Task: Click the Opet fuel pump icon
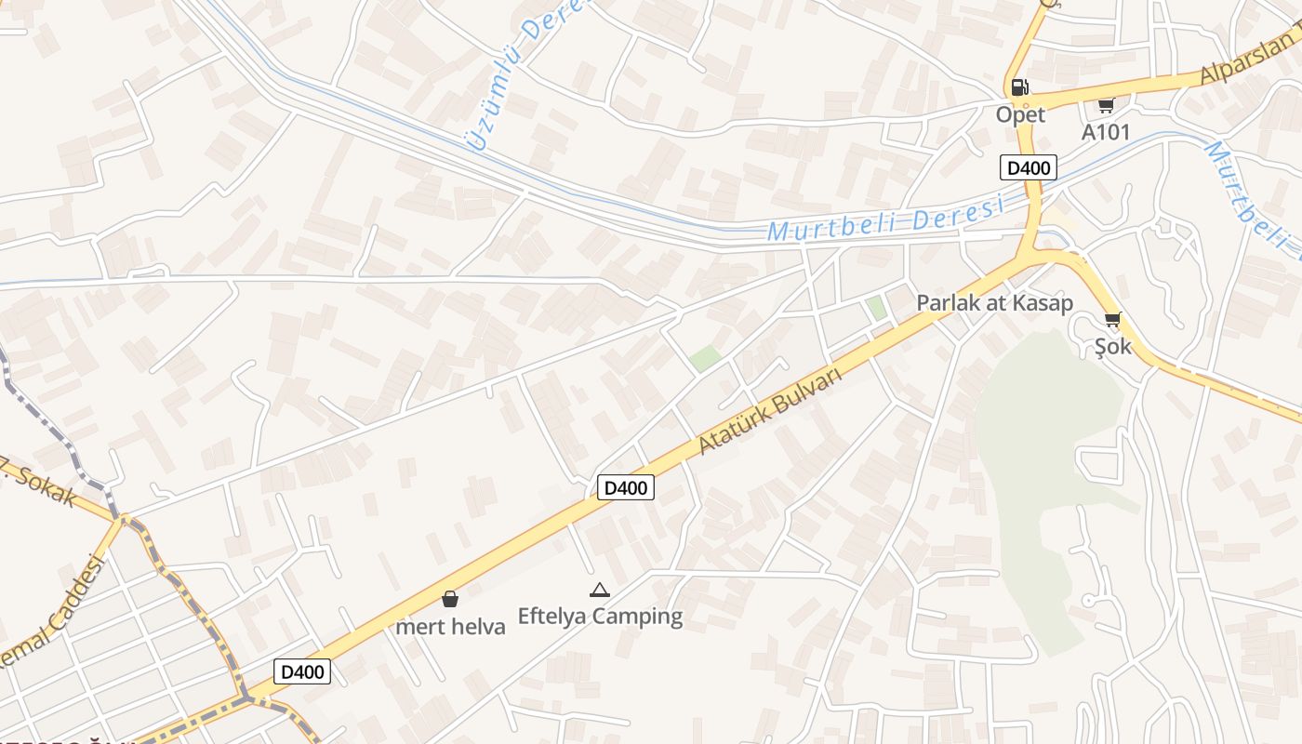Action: pyautogui.click(x=1020, y=87)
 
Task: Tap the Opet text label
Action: pyautogui.click(x=1020, y=114)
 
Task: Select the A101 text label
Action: pyautogui.click(x=1105, y=132)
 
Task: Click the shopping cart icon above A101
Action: pyautogui.click(x=1105, y=105)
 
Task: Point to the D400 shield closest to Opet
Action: pyautogui.click(x=1029, y=167)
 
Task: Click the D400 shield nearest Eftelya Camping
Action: pyautogui.click(x=625, y=487)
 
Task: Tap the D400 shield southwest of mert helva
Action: pyautogui.click(x=302, y=671)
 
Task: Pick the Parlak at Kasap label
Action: pyautogui.click(x=994, y=303)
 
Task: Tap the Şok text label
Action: pyautogui.click(x=1112, y=346)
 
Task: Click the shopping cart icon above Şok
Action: pyautogui.click(x=1112, y=320)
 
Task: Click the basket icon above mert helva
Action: pyautogui.click(x=450, y=599)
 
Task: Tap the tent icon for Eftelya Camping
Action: pyautogui.click(x=600, y=590)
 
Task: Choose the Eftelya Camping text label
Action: pyautogui.click(x=600, y=616)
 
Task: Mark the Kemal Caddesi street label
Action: pyautogui.click(x=51, y=614)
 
